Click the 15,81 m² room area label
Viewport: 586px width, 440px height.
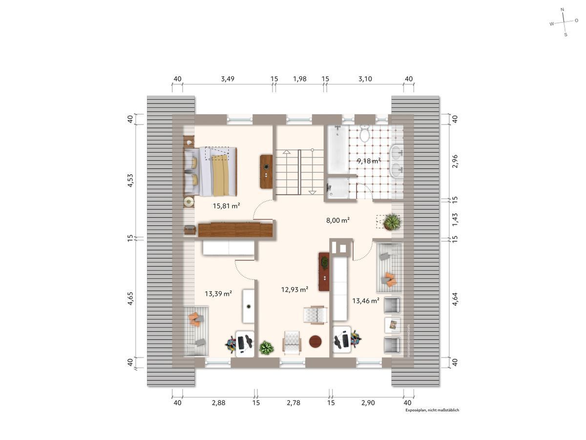[226, 206]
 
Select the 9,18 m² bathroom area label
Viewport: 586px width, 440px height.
[368, 161]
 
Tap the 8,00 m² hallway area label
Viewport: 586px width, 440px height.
[338, 220]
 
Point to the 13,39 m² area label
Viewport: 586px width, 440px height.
[218, 293]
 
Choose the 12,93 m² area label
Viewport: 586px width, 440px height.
[294, 290]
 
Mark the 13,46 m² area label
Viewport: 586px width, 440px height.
[366, 301]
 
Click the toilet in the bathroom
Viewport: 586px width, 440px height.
[364, 133]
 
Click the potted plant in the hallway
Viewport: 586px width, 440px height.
[392, 223]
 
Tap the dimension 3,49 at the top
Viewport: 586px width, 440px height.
[228, 79]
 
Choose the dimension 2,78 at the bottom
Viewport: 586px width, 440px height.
[293, 403]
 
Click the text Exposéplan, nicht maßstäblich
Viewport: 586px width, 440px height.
[432, 410]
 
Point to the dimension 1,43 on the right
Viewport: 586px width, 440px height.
[455, 219]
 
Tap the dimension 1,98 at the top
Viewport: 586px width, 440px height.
[299, 79]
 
